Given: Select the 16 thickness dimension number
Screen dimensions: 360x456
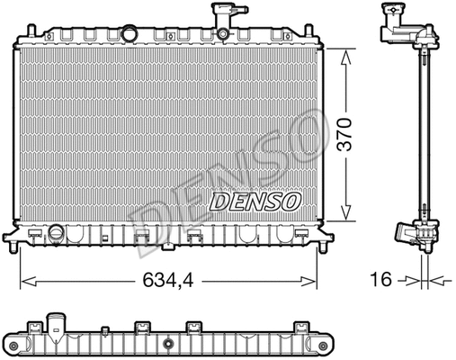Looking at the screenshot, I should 381,281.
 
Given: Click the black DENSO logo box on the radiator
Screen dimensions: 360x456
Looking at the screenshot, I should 255,202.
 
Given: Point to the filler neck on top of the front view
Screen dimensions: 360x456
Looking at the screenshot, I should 219,19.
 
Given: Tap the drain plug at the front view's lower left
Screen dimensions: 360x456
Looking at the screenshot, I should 58,234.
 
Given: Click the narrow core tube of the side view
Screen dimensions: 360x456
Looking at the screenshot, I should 422,135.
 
